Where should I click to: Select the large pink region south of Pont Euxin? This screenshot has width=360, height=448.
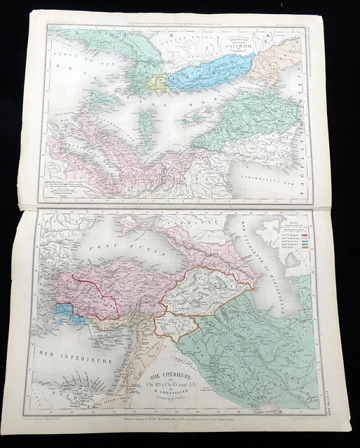105,283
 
